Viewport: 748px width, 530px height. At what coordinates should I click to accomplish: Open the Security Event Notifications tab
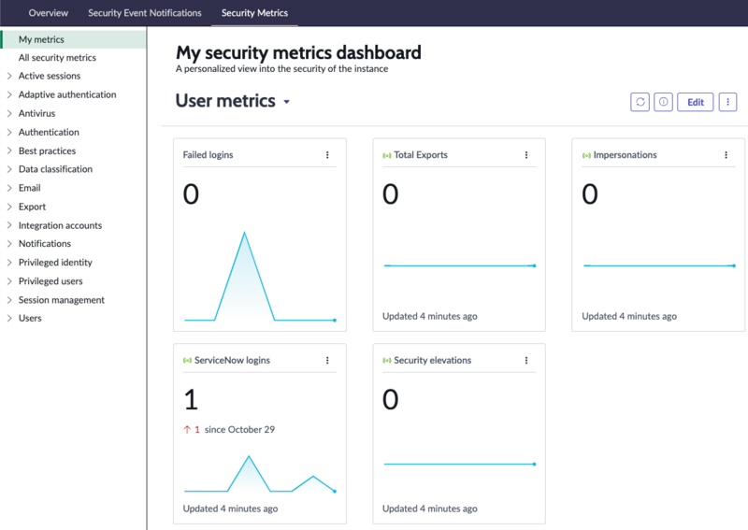click(x=145, y=13)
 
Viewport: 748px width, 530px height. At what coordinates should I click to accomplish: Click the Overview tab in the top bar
click(x=49, y=13)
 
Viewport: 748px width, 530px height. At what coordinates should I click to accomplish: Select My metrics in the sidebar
click(x=41, y=39)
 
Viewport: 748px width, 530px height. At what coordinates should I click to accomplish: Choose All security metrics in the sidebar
click(x=57, y=58)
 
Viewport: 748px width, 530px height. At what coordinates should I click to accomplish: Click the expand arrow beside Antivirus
click(x=9, y=113)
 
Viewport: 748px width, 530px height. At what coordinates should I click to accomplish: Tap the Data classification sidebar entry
click(x=55, y=169)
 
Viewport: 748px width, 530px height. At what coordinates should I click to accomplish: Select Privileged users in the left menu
click(x=50, y=281)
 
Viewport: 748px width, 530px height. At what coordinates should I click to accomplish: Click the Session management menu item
click(x=62, y=300)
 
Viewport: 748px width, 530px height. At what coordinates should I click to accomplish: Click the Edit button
click(x=695, y=102)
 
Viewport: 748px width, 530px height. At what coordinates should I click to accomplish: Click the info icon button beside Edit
click(x=663, y=102)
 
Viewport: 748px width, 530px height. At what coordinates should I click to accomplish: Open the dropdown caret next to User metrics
click(x=287, y=102)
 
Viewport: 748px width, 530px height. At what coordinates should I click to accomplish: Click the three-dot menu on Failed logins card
click(x=327, y=155)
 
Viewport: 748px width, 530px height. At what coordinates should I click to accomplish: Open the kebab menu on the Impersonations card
click(x=726, y=155)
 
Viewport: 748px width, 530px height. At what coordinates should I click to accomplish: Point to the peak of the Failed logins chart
click(x=245, y=233)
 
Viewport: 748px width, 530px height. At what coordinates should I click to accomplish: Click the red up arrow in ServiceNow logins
click(x=187, y=429)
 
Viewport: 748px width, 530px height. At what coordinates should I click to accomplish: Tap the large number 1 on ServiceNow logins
click(x=191, y=399)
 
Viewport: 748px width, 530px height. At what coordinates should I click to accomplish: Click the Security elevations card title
click(x=432, y=360)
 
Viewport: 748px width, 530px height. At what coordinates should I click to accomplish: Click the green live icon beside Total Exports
click(x=387, y=155)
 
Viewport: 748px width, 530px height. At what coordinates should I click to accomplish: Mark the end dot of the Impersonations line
click(x=734, y=265)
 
